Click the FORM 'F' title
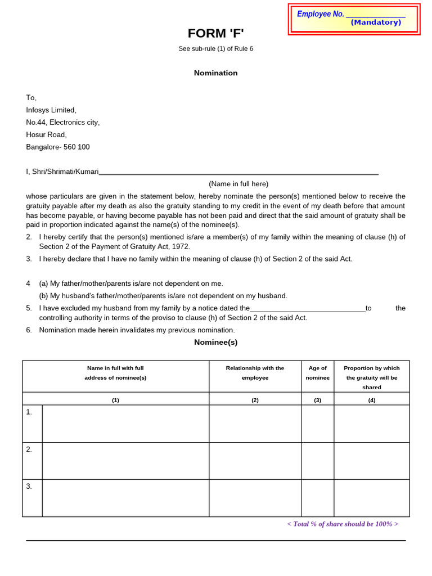[215, 33]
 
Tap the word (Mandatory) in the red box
[376, 22]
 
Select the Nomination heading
[215, 73]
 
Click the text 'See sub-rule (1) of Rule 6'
[215, 49]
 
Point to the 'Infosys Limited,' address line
[51, 110]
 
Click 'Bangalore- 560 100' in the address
[58, 147]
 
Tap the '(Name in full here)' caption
[238, 184]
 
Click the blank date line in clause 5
[307, 309]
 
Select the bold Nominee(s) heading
[215, 342]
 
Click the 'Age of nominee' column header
[317, 373]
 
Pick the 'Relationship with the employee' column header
[255, 373]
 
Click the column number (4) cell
[371, 400]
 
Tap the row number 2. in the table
[29, 449]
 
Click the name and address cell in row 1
[125, 424]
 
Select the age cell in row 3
[317, 498]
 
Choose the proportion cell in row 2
[371, 461]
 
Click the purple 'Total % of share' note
[342, 524]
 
